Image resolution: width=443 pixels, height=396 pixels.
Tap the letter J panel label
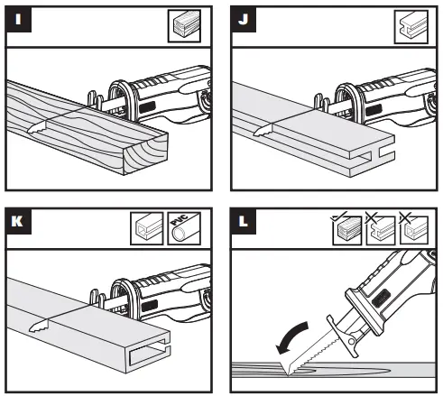pyautogui.click(x=244, y=18)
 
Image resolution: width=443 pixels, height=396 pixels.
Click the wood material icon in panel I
pyautogui.click(x=184, y=24)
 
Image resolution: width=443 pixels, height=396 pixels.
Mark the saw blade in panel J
pyautogui.click(x=263, y=132)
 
